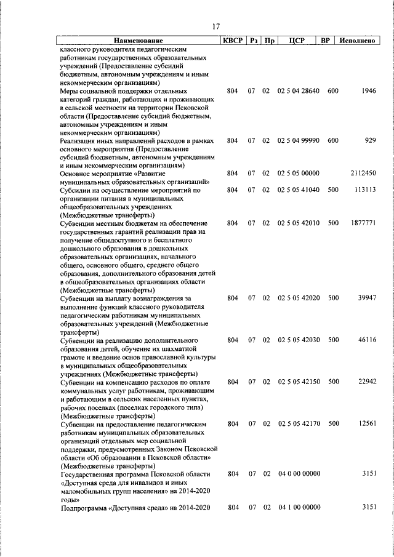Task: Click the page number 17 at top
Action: [x=215, y=26]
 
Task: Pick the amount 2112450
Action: [x=363, y=174]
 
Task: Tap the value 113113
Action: [x=364, y=190]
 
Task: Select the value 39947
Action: [x=366, y=298]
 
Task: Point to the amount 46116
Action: [x=366, y=340]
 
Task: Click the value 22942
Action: [x=366, y=382]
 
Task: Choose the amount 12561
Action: [x=366, y=423]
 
